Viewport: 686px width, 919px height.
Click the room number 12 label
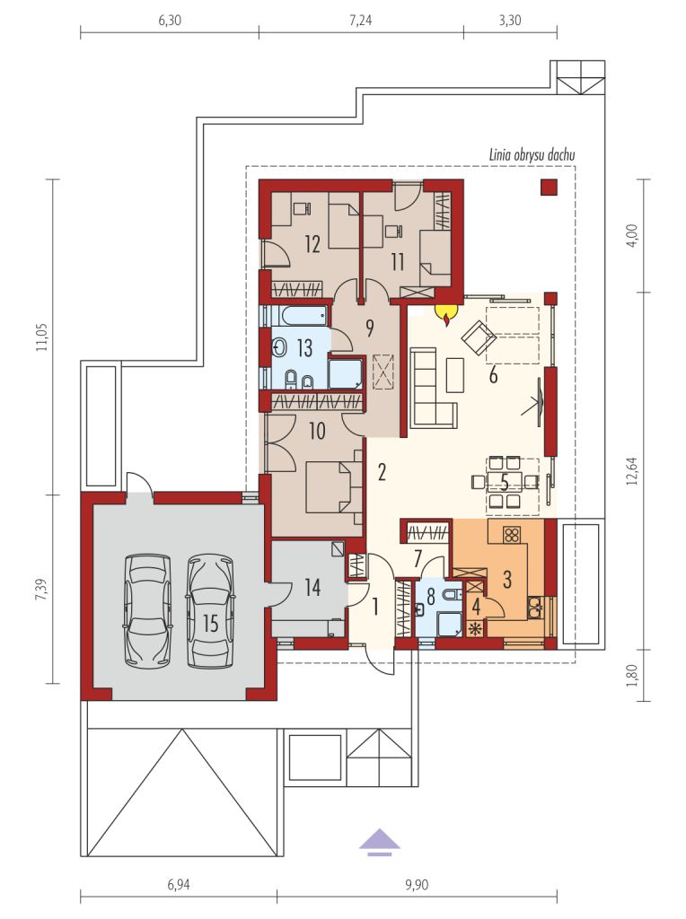tap(312, 244)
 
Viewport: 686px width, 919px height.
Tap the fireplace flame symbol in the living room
tap(446, 313)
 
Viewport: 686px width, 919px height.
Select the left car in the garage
tap(148, 610)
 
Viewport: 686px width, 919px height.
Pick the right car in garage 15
tap(210, 610)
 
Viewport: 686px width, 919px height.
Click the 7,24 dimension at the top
tap(361, 21)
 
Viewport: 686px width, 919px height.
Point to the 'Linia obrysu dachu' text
tap(532, 154)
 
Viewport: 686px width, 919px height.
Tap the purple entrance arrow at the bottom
tap(380, 842)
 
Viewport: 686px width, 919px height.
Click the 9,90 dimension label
tap(417, 884)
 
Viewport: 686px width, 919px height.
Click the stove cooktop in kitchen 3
tap(512, 534)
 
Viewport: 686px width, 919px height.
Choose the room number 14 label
tap(312, 587)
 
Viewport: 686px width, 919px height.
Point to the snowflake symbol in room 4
tap(475, 629)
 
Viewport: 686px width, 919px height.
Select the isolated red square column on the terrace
tap(549, 187)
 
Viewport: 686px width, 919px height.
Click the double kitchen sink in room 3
tap(534, 607)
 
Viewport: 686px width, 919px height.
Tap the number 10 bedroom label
tap(317, 432)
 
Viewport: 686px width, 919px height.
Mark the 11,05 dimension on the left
tap(41, 337)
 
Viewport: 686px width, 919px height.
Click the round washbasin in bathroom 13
tap(279, 348)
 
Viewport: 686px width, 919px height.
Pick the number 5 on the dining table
tap(506, 482)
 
